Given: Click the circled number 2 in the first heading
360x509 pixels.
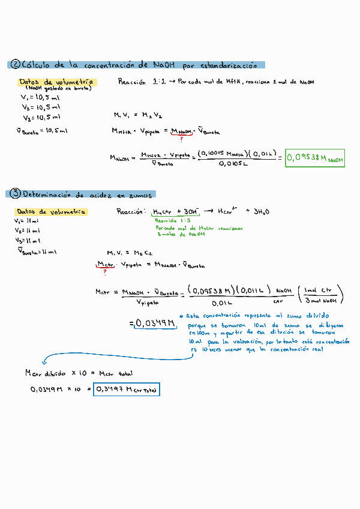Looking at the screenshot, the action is [x=16, y=65].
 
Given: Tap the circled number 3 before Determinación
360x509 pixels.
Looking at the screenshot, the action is [x=15, y=194].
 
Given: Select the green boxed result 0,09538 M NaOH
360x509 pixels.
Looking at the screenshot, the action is [x=315, y=158].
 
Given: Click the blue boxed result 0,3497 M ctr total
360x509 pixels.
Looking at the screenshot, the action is [x=127, y=390].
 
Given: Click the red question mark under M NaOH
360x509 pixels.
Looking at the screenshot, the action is [x=181, y=139].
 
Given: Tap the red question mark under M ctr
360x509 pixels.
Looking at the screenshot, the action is [x=105, y=271].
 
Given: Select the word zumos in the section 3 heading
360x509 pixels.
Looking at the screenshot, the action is [x=139, y=194].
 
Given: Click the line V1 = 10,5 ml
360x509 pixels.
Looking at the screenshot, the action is [x=40, y=97].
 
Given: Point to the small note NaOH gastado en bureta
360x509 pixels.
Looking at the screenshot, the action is [x=58, y=88].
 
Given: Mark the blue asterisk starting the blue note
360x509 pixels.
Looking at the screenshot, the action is [x=181, y=315].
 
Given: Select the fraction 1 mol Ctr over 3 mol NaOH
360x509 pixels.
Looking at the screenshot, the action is [x=322, y=295].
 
